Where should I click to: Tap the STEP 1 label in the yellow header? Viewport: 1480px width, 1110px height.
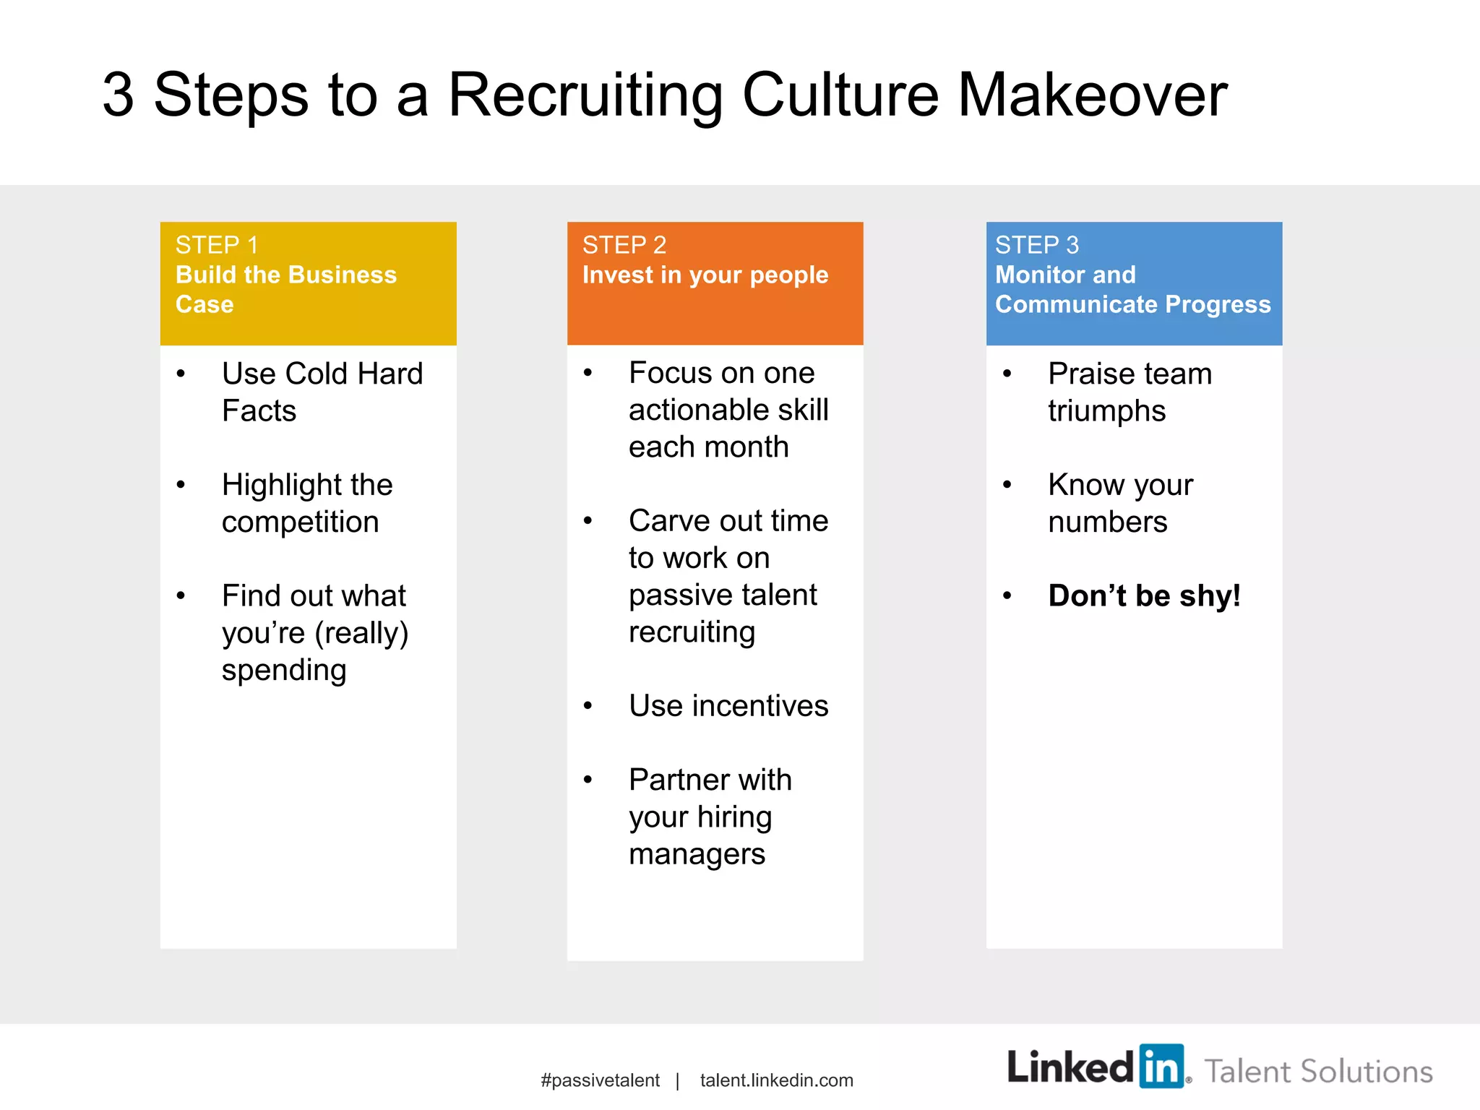click(216, 245)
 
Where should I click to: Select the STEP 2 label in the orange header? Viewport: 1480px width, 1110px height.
click(624, 245)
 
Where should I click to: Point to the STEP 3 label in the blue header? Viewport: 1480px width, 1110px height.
click(1036, 245)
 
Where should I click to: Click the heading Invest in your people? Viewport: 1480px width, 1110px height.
click(705, 275)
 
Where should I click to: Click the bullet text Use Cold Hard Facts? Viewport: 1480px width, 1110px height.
click(322, 392)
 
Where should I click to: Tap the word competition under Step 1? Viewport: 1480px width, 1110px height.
click(300, 522)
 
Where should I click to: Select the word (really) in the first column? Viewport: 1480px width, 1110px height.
click(361, 633)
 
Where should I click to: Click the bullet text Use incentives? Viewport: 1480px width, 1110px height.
click(728, 705)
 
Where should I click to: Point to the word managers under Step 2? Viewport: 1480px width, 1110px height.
click(697, 853)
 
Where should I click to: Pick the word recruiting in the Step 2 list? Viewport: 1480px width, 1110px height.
click(692, 632)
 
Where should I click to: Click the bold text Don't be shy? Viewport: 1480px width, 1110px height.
click(1144, 595)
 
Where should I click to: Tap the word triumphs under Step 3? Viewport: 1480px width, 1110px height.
click(1106, 410)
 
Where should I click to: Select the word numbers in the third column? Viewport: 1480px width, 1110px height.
click(1107, 522)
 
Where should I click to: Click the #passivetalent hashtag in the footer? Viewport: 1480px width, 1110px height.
click(600, 1080)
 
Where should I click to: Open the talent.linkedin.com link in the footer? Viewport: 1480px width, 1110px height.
click(776, 1080)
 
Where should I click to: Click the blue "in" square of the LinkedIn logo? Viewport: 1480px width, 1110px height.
click(1161, 1066)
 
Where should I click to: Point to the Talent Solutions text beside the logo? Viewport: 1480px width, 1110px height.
click(1318, 1071)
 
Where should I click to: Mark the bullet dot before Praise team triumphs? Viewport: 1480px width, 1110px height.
click(1007, 374)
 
